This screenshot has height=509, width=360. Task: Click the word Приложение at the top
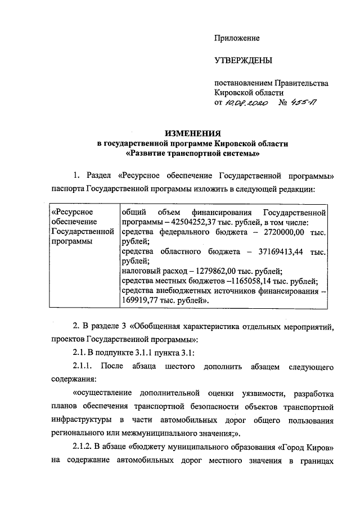(x=237, y=38)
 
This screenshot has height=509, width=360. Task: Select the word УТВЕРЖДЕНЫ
(x=244, y=60)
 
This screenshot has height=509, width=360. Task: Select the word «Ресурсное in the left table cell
(x=71, y=212)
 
